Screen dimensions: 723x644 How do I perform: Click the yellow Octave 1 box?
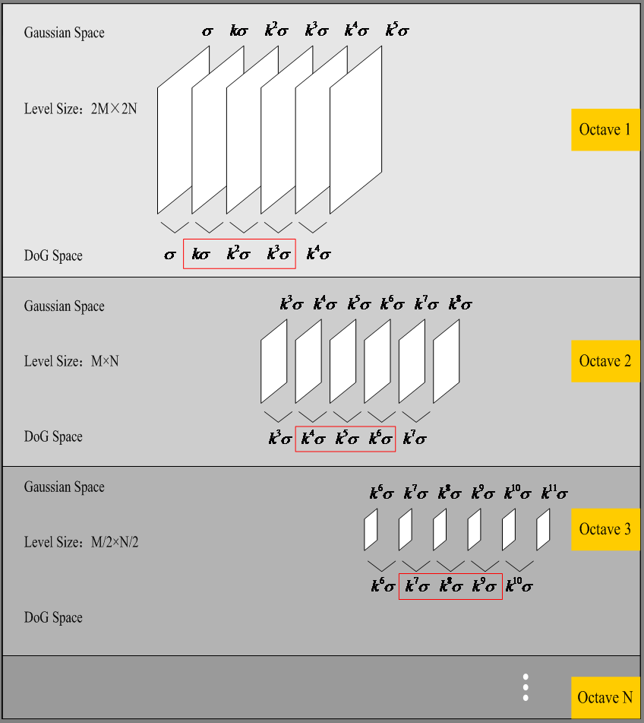[605, 129]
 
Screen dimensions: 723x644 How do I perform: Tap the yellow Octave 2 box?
[605, 360]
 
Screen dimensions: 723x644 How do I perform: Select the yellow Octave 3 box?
[605, 529]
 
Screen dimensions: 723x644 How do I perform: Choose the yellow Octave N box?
[605, 697]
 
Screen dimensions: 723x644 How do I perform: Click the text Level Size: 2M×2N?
[80, 109]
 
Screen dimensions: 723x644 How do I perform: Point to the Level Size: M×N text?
[71, 361]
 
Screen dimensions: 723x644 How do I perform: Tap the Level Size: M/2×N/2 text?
[81, 542]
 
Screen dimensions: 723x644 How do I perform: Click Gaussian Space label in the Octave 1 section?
[64, 33]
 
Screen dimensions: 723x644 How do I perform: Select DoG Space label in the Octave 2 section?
[53, 436]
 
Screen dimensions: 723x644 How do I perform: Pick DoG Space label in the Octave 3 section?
[53, 617]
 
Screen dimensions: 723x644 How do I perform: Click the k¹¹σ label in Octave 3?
[554, 493]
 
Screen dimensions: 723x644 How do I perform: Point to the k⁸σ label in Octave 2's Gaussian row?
[459, 304]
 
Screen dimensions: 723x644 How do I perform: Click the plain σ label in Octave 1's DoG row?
[170, 255]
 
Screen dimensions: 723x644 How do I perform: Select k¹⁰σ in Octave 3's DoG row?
[518, 586]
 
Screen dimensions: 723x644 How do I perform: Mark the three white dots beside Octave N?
[525, 687]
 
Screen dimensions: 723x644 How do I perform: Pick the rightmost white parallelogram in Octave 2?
[447, 361]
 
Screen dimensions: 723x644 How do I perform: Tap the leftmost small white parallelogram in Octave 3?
[371, 530]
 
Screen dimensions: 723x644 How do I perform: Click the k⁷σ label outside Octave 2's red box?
[415, 439]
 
